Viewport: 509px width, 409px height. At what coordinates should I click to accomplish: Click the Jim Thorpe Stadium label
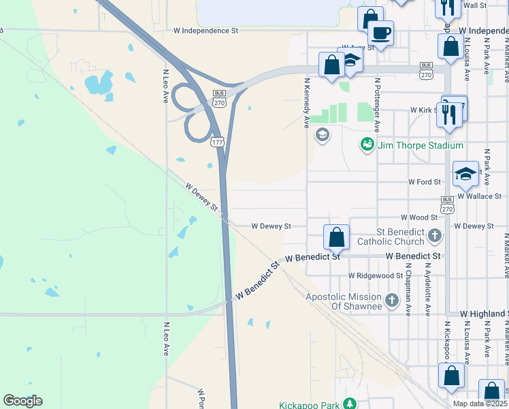[x=420, y=145]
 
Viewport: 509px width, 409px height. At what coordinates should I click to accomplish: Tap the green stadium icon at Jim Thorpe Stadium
[x=367, y=145]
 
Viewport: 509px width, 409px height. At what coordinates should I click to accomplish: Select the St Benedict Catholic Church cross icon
[x=435, y=237]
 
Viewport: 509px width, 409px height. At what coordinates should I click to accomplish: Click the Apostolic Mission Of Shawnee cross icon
[x=391, y=300]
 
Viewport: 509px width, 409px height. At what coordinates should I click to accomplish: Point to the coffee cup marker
[x=380, y=32]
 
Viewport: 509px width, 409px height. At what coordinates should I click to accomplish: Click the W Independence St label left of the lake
[x=206, y=31]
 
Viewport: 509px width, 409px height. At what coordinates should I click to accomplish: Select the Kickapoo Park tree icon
[x=350, y=404]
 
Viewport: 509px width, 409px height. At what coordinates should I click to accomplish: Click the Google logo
[x=22, y=401]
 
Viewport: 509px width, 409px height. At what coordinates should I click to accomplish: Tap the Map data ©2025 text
[x=480, y=404]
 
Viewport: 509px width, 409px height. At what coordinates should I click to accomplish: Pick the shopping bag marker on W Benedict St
[x=336, y=238]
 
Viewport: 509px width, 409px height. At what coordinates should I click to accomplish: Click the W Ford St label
[x=425, y=182]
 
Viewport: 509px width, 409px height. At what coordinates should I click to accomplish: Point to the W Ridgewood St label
[x=376, y=275]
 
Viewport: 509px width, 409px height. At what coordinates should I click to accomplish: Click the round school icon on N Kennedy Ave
[x=322, y=135]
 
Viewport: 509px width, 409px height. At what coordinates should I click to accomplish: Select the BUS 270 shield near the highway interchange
[x=219, y=98]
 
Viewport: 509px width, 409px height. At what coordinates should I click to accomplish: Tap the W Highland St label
[x=484, y=313]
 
